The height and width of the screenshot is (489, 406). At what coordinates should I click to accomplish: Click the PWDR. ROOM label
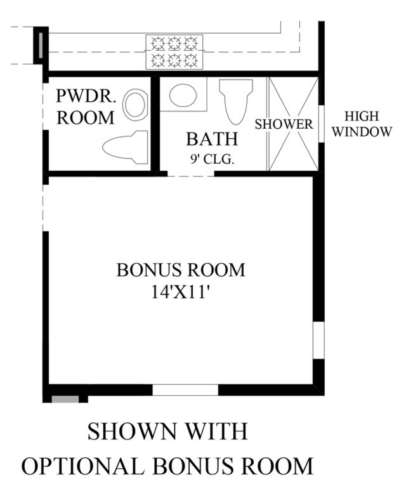86,107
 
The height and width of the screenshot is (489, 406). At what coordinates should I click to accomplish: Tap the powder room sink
135,105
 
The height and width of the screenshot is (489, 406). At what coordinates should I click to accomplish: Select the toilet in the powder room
125,147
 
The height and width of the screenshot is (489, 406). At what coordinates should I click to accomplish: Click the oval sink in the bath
183,95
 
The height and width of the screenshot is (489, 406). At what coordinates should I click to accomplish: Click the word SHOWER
284,124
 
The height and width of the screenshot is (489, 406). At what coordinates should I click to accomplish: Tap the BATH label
212,139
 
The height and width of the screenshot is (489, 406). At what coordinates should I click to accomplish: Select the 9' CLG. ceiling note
212,159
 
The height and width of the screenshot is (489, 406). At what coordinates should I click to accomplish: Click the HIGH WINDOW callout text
362,124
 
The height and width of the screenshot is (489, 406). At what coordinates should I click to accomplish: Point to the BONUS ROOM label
181,270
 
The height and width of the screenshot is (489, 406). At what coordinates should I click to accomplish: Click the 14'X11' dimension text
180,292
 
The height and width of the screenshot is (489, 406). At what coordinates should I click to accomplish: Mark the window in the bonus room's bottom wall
185,390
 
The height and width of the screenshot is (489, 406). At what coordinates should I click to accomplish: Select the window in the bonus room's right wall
318,340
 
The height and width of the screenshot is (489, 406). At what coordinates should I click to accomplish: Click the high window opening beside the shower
322,124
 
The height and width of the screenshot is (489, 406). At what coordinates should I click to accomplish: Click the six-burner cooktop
174,52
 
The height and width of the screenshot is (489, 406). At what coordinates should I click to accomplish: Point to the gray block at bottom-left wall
65,400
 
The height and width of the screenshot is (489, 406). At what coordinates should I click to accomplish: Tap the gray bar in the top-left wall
41,45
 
